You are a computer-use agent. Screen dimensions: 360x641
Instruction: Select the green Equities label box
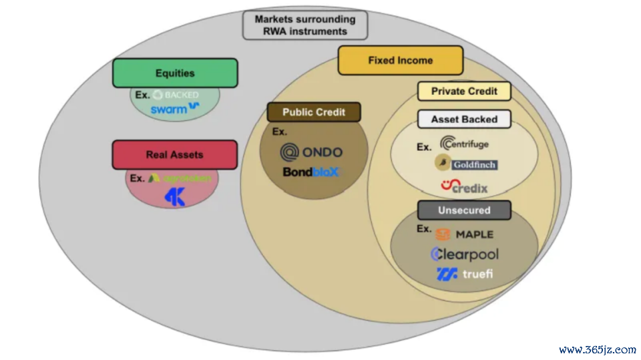(x=175, y=73)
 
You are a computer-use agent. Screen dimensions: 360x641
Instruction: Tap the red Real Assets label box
(x=175, y=154)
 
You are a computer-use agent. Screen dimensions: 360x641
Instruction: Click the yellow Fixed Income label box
(x=400, y=60)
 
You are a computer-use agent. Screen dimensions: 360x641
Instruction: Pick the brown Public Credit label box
(x=314, y=112)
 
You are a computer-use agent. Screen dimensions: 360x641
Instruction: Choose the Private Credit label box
(x=465, y=92)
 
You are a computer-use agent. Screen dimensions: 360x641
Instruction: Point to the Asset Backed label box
(x=464, y=120)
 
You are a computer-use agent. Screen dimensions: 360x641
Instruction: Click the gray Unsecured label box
(x=464, y=210)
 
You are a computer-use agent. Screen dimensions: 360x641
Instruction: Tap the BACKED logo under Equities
(x=176, y=95)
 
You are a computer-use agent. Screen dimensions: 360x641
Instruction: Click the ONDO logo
(x=311, y=152)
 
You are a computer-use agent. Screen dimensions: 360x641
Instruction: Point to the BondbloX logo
(x=311, y=172)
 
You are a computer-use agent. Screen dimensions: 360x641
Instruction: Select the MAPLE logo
(x=465, y=234)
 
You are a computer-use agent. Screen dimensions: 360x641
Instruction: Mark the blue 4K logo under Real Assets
(x=174, y=197)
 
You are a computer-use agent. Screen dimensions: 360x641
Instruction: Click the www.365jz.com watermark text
(x=597, y=349)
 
